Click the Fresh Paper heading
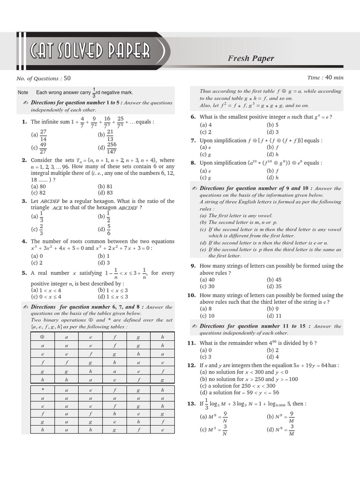[x=251, y=58]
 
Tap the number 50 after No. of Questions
[x=67, y=78]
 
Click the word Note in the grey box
[x=23, y=93]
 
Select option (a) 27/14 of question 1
[x=39, y=135]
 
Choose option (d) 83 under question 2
[x=105, y=192]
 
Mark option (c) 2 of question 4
[x=38, y=262]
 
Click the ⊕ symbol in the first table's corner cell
[x=42, y=337]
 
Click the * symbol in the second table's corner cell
[x=42, y=390]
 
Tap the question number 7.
[x=193, y=140]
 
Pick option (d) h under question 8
[x=273, y=178]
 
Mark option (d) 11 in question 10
[x=274, y=316]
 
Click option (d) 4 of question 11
[x=273, y=357]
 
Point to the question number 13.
[x=191, y=403]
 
